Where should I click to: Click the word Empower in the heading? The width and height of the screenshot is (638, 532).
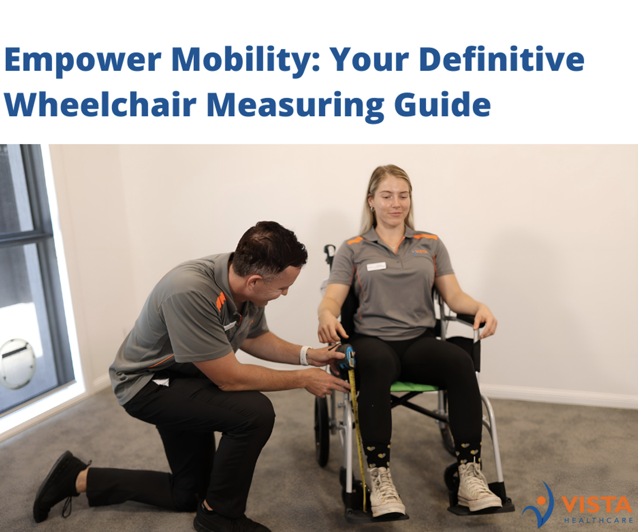tap(83, 60)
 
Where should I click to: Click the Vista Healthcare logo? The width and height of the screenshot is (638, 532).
tap(578, 505)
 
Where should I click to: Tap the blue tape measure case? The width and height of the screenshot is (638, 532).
tap(345, 357)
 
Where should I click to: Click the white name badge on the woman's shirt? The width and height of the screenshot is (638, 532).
tap(376, 267)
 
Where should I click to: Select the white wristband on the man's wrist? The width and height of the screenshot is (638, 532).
tap(304, 355)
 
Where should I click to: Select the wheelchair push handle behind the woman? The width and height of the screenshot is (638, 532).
tap(329, 254)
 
